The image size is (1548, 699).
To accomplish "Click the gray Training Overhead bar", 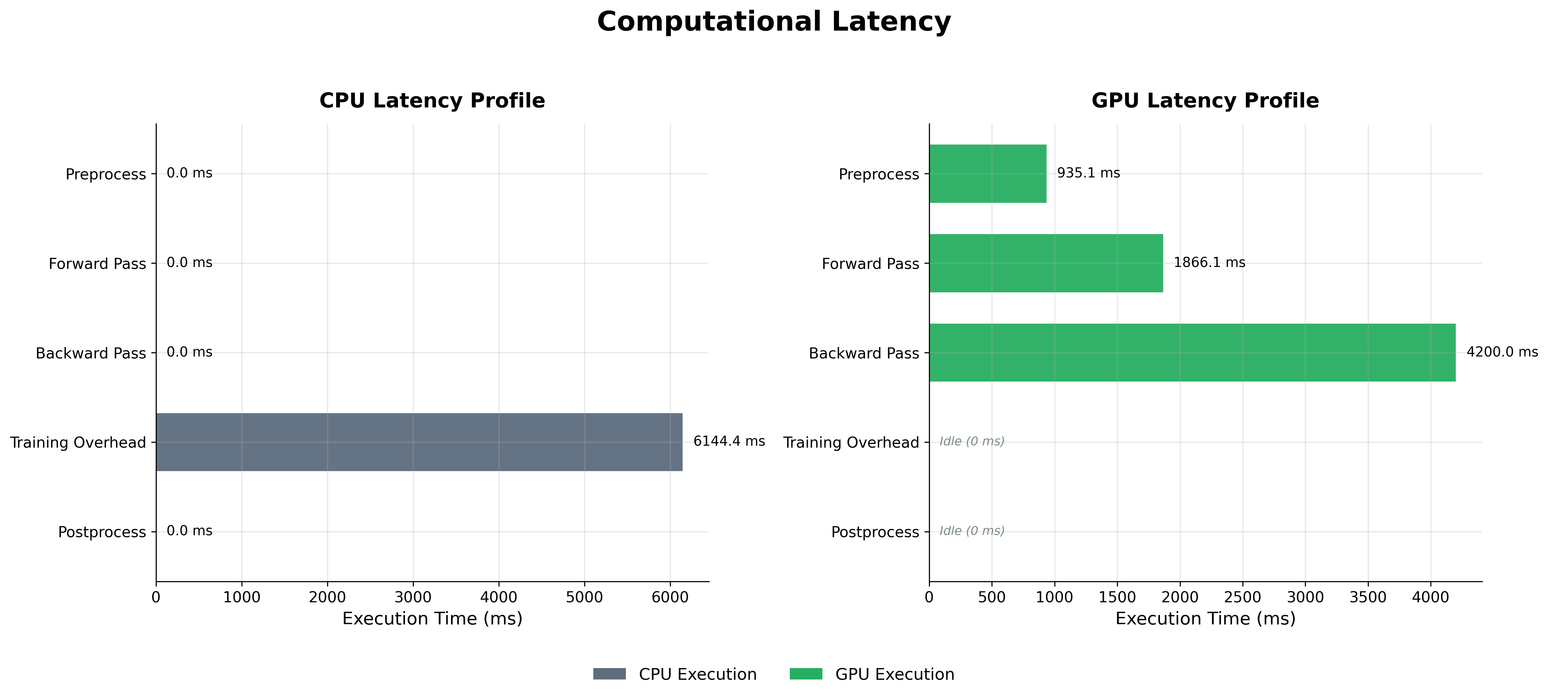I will click(419, 442).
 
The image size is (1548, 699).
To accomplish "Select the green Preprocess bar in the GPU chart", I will click(987, 174).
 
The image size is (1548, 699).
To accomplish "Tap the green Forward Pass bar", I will click(1046, 263).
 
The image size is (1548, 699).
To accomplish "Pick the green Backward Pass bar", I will click(1192, 353).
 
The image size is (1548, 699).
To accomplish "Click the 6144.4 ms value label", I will click(729, 441).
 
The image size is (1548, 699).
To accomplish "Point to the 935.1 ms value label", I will click(1088, 173).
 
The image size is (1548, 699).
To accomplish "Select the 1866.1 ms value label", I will click(1209, 262).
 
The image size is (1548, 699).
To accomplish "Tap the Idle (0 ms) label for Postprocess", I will click(972, 531).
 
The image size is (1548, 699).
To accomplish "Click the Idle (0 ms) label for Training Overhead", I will click(972, 441).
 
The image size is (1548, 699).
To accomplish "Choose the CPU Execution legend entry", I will click(675, 674).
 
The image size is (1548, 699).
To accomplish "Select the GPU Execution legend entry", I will click(872, 674).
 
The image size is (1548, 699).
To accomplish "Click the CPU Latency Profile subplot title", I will click(432, 100).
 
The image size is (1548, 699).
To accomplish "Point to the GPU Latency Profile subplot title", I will click(1205, 100).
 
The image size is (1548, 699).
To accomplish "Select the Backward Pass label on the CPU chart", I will click(91, 353).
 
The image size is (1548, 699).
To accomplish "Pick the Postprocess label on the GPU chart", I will click(875, 532).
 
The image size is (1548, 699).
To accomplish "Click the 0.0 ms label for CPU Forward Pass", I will click(189, 262).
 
